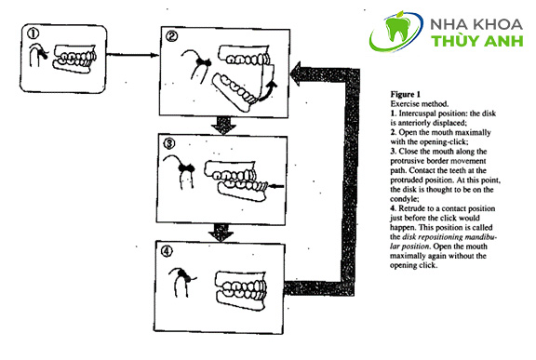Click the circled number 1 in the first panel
pyautogui.click(x=33, y=33)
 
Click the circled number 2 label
pyautogui.click(x=171, y=36)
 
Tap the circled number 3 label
pyautogui.click(x=169, y=143)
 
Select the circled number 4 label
pyautogui.click(x=167, y=252)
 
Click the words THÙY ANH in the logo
pyautogui.click(x=477, y=41)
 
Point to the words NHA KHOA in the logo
pyautogui.click(x=476, y=24)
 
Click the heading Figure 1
pyautogui.click(x=406, y=94)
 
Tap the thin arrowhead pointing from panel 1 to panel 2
pyautogui.click(x=154, y=55)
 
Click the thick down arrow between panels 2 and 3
pyautogui.click(x=223, y=126)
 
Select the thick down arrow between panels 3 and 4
pyautogui.click(x=221, y=233)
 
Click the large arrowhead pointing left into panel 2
pyautogui.click(x=296, y=73)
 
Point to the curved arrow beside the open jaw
pyautogui.click(x=268, y=91)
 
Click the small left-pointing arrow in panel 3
pyautogui.click(x=276, y=186)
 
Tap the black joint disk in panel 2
pyautogui.click(x=203, y=61)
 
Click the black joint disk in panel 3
pyautogui.click(x=187, y=167)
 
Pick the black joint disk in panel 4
pyautogui.click(x=183, y=275)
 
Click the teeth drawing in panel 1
pyautogui.click(x=74, y=59)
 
